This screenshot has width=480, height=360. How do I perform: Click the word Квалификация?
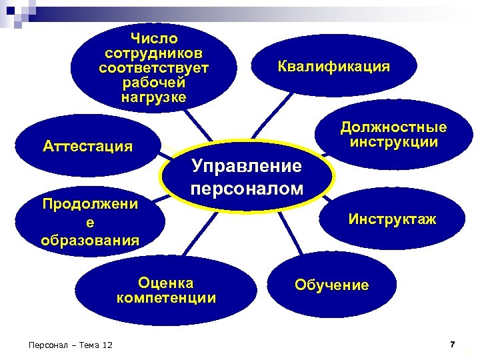pos(334,67)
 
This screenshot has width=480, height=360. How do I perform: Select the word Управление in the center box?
pos(246,166)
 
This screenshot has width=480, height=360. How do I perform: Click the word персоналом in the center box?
pos(246,188)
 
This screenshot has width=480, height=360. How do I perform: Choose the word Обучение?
pos(331,285)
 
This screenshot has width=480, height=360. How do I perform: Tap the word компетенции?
pos(166,297)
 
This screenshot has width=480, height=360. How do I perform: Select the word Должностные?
pos(393,127)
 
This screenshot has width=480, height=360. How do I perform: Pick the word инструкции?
pos(393,142)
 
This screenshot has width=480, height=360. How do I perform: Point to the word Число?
pos(154,38)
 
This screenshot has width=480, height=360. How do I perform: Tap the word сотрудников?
pos(154,53)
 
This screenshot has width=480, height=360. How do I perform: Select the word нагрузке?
pos(154,97)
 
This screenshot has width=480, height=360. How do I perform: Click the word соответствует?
pos(154,68)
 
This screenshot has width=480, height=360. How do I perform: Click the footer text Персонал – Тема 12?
pos(67,345)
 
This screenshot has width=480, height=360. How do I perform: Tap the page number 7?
pos(452,344)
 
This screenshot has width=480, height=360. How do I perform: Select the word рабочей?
pos(154,83)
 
